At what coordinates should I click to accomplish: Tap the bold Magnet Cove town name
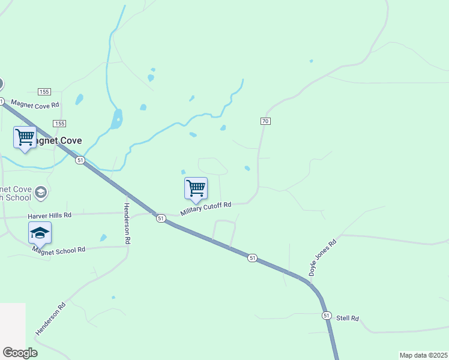54,141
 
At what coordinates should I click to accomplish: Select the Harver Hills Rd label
49,215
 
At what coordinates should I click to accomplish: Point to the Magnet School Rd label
59,250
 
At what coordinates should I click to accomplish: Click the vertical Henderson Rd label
127,223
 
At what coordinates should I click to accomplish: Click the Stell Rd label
347,318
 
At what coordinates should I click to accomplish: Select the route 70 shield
265,121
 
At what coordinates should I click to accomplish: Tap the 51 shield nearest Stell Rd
327,315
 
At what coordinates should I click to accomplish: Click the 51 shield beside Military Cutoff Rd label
161,218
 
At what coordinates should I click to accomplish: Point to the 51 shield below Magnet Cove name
80,160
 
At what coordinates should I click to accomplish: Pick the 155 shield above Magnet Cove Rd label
44,91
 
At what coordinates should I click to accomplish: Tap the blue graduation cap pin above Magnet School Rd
40,232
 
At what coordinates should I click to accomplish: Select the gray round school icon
40,193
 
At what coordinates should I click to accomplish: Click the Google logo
20,353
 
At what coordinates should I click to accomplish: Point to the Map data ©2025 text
423,355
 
